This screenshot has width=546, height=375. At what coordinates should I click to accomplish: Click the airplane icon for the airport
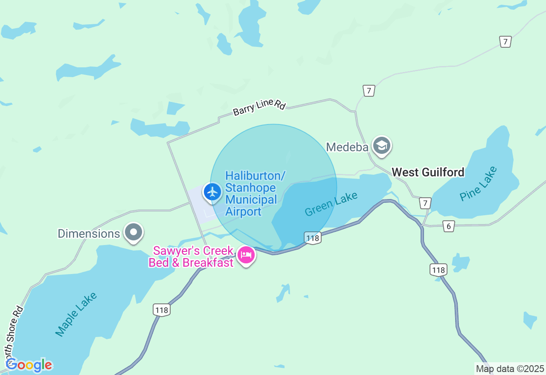(x=212, y=192)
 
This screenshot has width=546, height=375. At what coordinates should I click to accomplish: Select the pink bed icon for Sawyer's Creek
(x=246, y=255)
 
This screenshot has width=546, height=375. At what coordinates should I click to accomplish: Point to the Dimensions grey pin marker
(x=134, y=232)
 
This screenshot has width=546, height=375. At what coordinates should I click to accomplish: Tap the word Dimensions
(x=89, y=234)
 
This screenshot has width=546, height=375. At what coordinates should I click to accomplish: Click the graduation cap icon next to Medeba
(x=381, y=146)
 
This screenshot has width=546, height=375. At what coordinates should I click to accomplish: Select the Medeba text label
(x=347, y=147)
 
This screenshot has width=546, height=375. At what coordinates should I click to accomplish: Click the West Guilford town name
(x=428, y=172)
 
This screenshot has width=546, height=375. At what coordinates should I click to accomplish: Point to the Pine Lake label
(x=478, y=184)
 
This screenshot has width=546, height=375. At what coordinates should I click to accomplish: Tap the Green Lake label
(x=331, y=204)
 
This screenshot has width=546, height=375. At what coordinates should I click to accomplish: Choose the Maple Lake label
(x=76, y=314)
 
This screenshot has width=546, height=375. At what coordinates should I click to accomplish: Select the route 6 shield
(x=448, y=226)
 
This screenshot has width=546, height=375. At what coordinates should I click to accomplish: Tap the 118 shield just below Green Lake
(x=313, y=238)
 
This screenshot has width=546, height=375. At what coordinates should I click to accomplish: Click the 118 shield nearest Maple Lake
(x=162, y=310)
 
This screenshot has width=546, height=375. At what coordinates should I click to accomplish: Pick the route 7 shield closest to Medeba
(x=369, y=90)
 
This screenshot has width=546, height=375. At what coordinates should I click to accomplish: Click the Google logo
(x=29, y=365)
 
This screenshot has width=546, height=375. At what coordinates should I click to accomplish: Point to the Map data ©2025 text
(x=510, y=369)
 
